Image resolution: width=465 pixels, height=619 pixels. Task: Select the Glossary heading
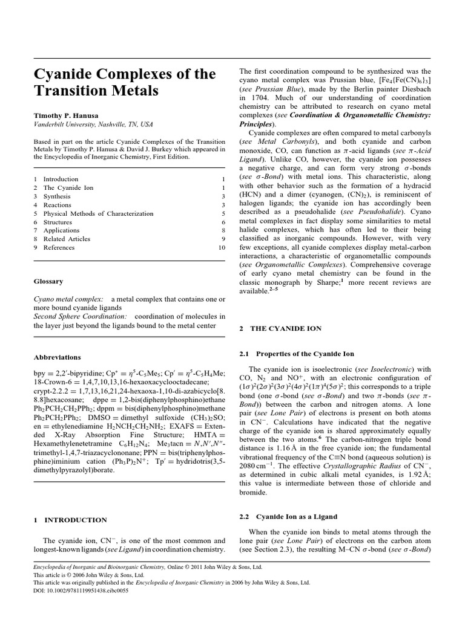pyautogui.click(x=48, y=281)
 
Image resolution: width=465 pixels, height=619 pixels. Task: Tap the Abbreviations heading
pyautogui.click(x=58, y=357)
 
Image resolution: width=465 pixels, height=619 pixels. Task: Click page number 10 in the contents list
pyautogui.click(x=222, y=248)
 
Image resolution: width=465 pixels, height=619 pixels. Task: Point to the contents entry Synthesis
pyautogui.click(x=58, y=196)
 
